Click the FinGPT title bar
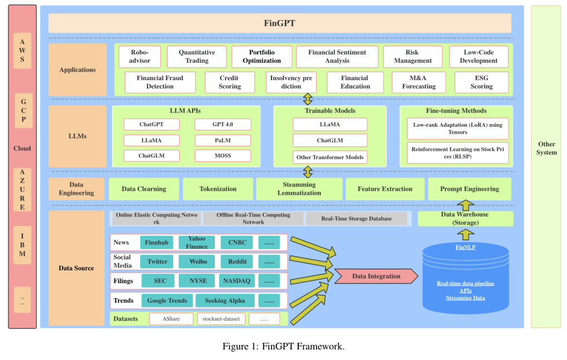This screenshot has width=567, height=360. click(x=279, y=23)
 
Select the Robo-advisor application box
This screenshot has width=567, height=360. click(x=140, y=56)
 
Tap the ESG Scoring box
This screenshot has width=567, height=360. click(x=481, y=82)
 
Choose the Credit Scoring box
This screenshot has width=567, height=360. click(x=229, y=82)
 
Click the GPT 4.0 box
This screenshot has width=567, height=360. click(x=223, y=124)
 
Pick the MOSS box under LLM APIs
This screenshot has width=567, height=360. click(x=223, y=155)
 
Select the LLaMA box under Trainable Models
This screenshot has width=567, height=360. click(x=330, y=124)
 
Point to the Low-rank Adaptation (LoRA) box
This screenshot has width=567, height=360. click(x=457, y=129)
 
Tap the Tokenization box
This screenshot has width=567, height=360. click(x=218, y=189)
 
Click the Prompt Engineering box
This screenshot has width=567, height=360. click(x=470, y=189)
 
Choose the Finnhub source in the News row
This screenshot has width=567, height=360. click(x=156, y=243)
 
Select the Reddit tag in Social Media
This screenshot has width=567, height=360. click(x=237, y=262)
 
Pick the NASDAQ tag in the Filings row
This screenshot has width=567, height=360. click(x=236, y=281)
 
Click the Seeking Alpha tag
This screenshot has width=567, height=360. click(x=224, y=300)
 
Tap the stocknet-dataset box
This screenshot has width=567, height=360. click(x=221, y=319)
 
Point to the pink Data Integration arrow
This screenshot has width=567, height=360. click(x=376, y=276)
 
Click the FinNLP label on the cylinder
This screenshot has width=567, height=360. click(x=466, y=246)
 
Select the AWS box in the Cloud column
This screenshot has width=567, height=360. click(x=22, y=51)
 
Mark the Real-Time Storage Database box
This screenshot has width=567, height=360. click(x=356, y=219)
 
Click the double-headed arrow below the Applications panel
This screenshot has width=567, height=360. click(x=307, y=100)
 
